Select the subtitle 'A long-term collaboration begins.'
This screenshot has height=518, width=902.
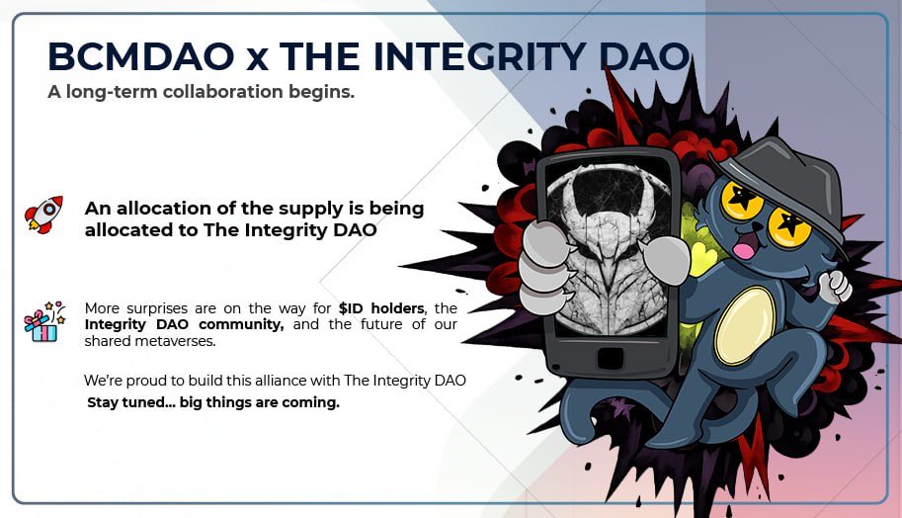point(201,92)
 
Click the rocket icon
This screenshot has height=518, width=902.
point(43,214)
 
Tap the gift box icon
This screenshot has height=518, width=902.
point(43,322)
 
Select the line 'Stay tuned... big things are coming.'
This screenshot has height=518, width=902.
point(212,402)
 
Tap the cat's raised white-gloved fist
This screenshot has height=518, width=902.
point(836,286)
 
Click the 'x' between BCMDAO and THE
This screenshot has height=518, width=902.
point(257,58)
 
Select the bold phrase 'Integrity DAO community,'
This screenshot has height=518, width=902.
point(184,324)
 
